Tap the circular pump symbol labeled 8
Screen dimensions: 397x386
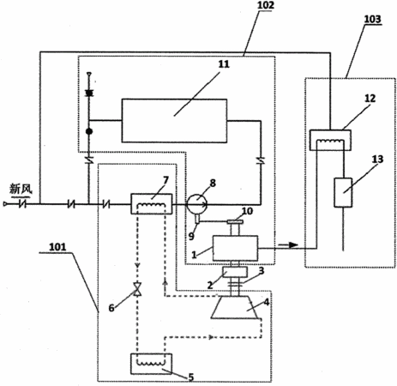197,204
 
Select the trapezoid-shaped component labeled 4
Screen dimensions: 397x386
236,307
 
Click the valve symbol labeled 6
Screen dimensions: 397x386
138,289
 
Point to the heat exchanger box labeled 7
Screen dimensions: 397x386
152,204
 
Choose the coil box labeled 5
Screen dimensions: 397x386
151,364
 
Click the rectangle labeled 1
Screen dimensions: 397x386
235,248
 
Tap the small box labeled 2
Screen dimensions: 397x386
235,272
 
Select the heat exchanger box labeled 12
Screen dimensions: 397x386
330,140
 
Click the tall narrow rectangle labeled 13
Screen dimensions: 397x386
343,192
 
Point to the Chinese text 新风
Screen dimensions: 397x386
21,189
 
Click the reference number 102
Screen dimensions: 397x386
266,5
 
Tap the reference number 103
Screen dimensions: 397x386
372,19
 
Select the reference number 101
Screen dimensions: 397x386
57,247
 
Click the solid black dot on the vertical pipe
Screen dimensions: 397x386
89,131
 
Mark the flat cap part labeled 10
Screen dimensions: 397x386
235,221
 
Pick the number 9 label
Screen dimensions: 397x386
191,236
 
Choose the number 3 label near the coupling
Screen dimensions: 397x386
262,270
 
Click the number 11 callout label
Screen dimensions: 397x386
224,64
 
